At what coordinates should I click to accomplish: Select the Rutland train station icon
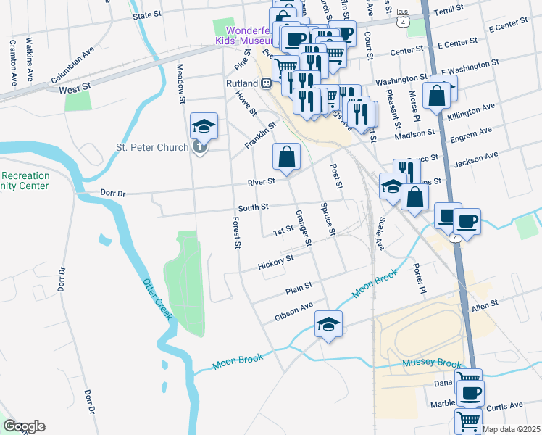(x=267, y=83)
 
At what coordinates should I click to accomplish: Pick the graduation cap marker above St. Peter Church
(x=204, y=128)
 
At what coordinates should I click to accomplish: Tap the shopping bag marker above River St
(x=287, y=157)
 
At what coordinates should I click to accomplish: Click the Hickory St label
(x=275, y=262)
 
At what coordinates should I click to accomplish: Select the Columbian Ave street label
(x=72, y=65)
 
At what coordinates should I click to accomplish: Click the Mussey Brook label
(x=432, y=363)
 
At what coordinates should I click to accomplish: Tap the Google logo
(x=24, y=426)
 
